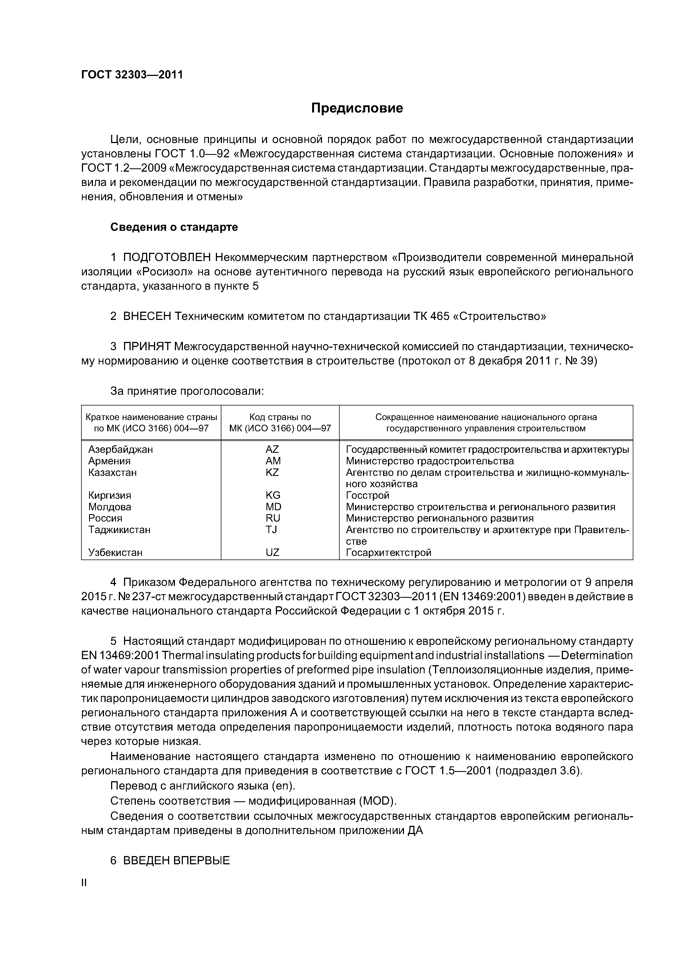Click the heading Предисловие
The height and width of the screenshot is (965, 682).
(357, 108)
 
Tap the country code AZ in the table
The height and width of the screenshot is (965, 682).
(272, 449)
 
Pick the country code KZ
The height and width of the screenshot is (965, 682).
(272, 472)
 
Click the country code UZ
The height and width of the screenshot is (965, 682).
(272, 553)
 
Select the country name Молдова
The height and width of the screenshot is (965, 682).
(110, 507)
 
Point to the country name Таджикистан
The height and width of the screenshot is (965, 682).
(119, 530)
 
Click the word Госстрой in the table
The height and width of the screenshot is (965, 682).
(368, 495)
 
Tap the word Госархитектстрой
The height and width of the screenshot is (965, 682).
(389, 553)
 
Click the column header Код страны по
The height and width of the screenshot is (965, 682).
(280, 417)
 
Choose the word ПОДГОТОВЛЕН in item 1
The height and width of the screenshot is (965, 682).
(167, 257)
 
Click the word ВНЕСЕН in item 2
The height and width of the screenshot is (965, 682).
(147, 316)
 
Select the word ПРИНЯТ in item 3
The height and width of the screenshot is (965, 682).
(147, 347)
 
